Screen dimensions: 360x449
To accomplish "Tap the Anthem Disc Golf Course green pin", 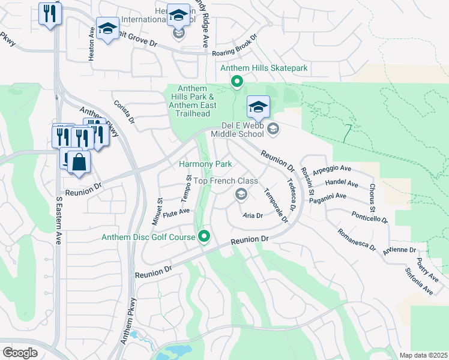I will pos(205,237).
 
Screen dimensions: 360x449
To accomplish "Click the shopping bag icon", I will pos(79,162).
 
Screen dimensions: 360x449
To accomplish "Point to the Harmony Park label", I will pos(206,164).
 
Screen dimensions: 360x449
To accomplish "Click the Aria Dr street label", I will pos(253,215).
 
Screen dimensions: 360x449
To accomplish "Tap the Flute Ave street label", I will pos(176,212).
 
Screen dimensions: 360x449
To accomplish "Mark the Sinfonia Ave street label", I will pos(419,281).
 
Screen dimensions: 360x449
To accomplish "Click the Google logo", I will pos(20,353).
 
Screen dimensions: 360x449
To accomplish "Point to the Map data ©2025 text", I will pos(423,355).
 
